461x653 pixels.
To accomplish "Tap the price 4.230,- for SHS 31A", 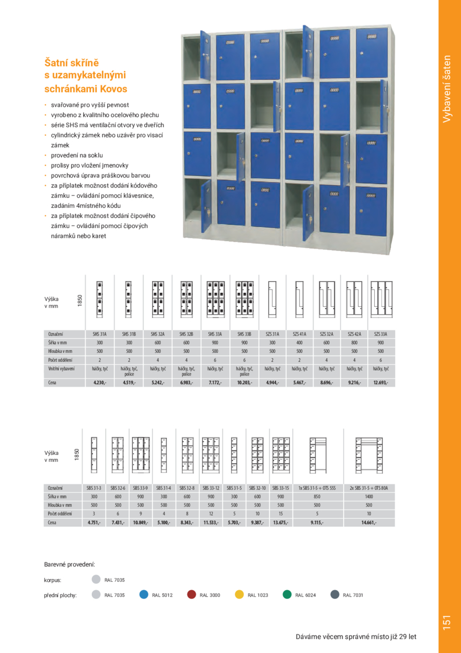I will tap(100, 383).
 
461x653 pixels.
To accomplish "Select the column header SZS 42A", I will tap(354, 333).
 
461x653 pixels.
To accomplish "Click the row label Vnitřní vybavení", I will tap(61, 369).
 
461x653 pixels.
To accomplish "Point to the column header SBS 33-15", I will tap(280, 488).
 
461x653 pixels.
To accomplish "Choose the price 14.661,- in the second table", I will tap(369, 523).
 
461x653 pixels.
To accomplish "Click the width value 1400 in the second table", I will tap(369, 497).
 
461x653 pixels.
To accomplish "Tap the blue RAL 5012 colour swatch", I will tap(143, 594).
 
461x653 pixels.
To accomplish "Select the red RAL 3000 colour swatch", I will tap(191, 594).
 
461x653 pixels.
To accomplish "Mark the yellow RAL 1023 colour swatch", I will tap(239, 594).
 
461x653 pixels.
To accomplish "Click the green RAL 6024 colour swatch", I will tap(287, 594).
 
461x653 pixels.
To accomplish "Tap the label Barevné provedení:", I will tap(69, 564).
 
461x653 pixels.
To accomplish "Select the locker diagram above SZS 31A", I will tap(272, 297).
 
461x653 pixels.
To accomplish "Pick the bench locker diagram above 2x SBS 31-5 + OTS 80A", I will tap(369, 454).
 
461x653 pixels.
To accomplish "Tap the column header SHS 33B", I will tap(244, 333).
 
